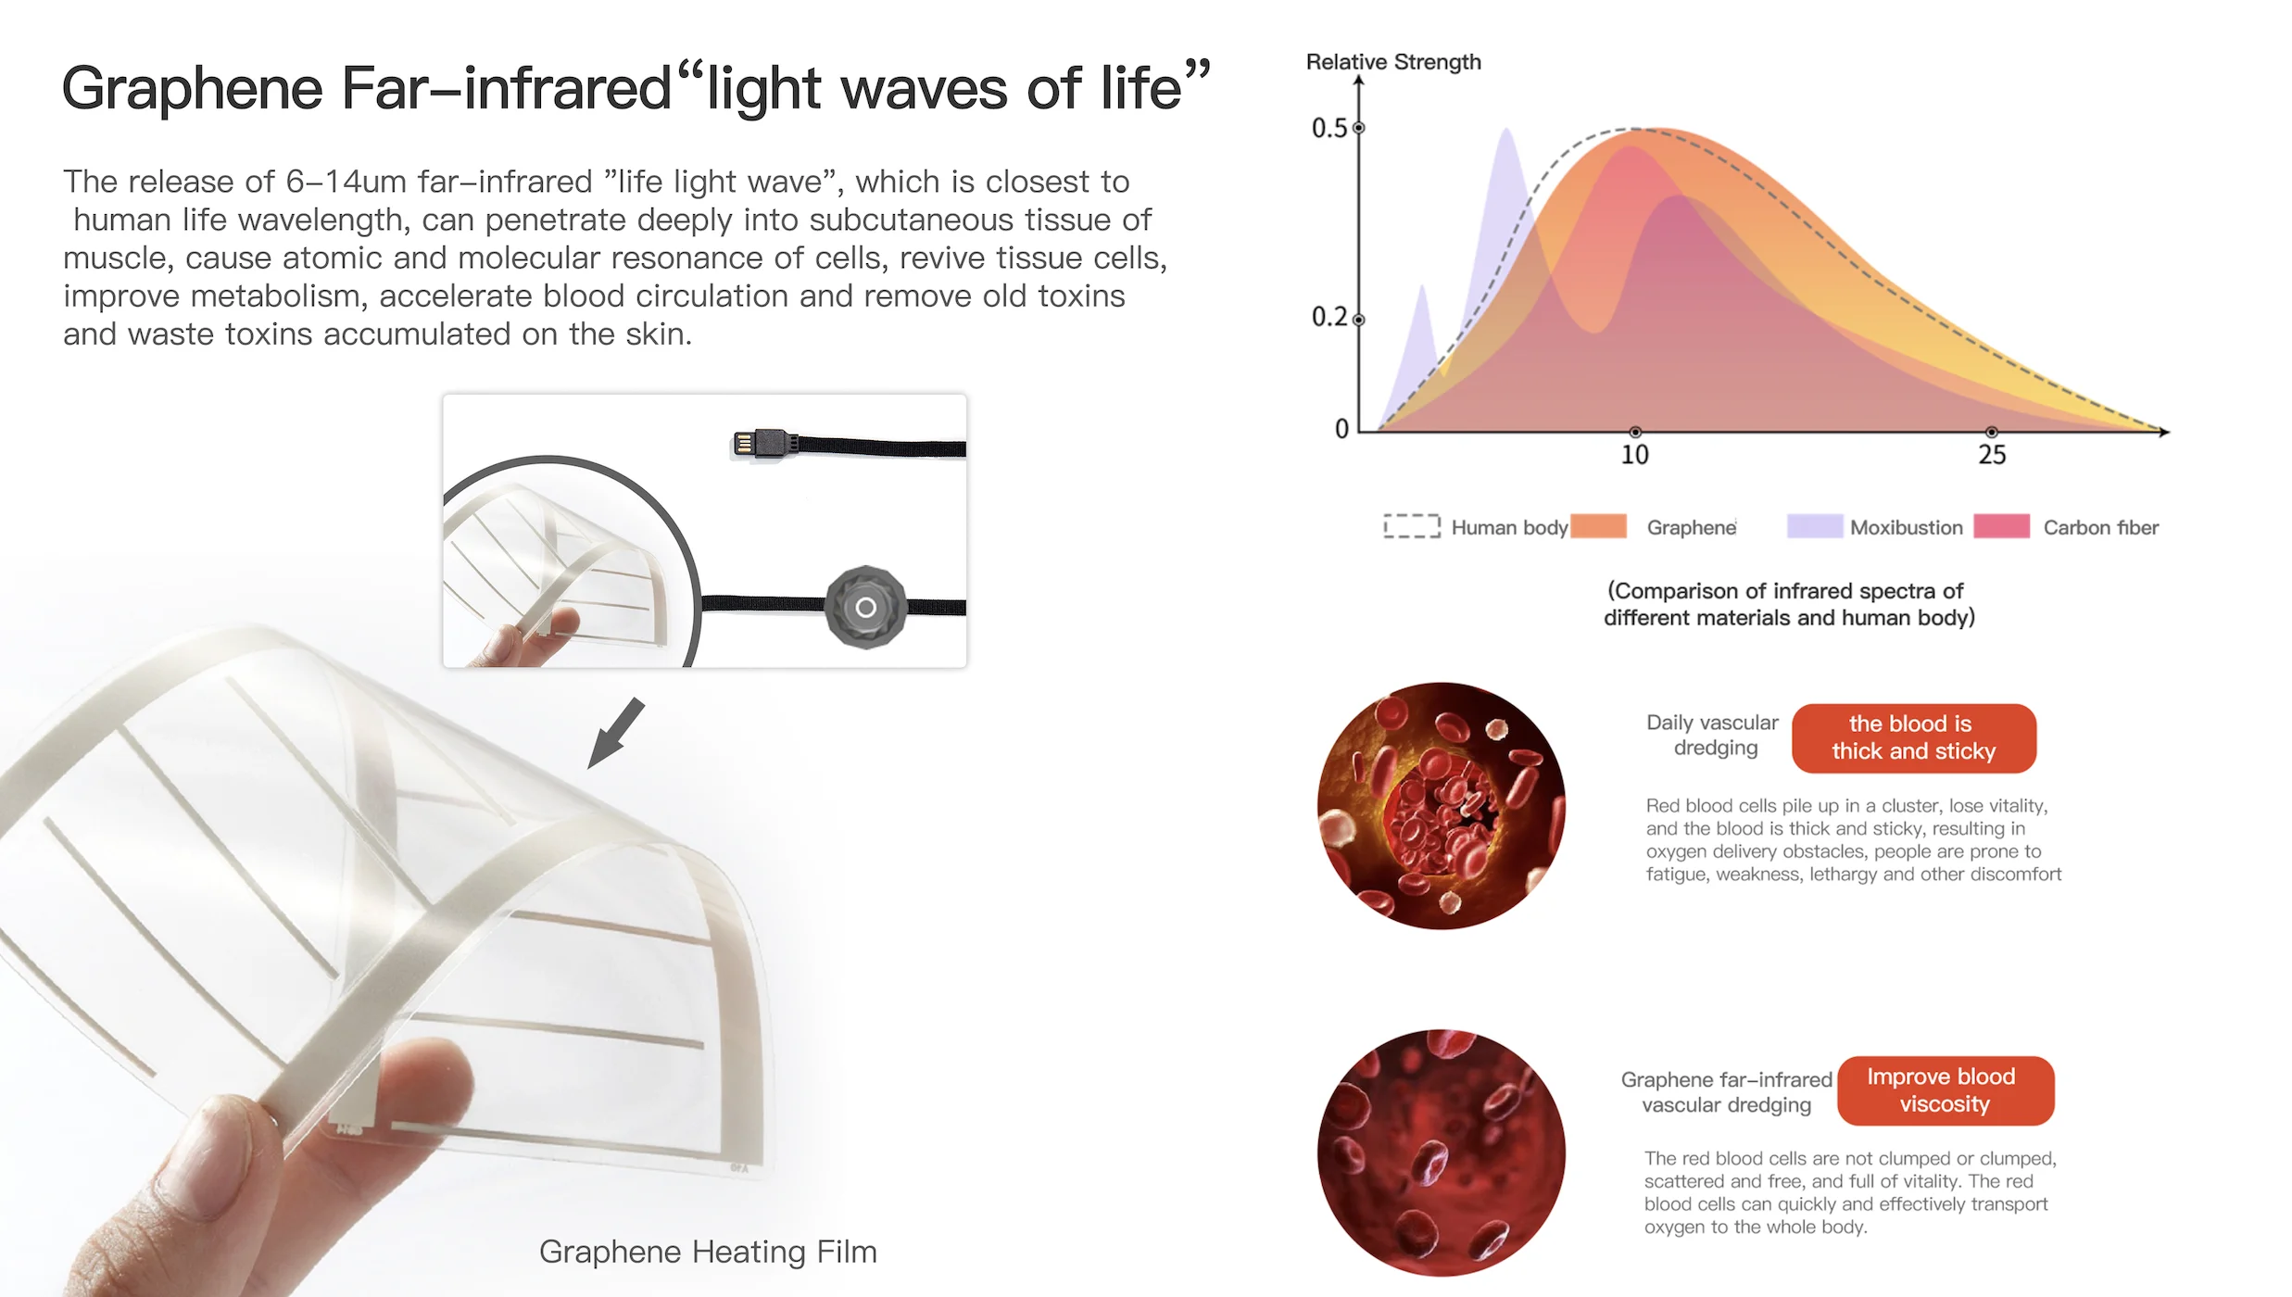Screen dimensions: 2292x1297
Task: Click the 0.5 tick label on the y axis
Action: point(1329,128)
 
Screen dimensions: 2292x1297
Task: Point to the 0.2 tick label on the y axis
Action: point(1329,317)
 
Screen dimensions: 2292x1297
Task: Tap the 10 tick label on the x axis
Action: point(1634,455)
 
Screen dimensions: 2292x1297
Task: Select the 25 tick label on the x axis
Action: point(1992,455)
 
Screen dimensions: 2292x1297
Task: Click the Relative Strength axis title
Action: point(1393,62)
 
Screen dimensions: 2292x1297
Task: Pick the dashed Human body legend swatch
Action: point(1412,526)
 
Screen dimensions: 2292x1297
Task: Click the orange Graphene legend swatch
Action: point(1598,526)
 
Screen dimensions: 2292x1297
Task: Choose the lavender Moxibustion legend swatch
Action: point(1815,526)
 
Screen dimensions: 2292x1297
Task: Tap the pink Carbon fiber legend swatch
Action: point(2001,526)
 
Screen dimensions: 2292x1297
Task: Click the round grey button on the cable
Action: point(865,607)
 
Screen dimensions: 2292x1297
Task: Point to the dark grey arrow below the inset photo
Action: point(616,733)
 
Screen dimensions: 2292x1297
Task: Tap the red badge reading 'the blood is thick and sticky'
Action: point(1914,738)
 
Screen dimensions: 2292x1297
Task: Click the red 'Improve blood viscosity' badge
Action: point(1946,1090)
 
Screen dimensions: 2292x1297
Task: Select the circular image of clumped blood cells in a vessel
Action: point(1442,806)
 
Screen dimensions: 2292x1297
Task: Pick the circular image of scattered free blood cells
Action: point(1442,1152)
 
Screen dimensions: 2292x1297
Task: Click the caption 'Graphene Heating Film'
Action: point(708,1252)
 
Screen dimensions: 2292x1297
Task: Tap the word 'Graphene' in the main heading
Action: point(193,90)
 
